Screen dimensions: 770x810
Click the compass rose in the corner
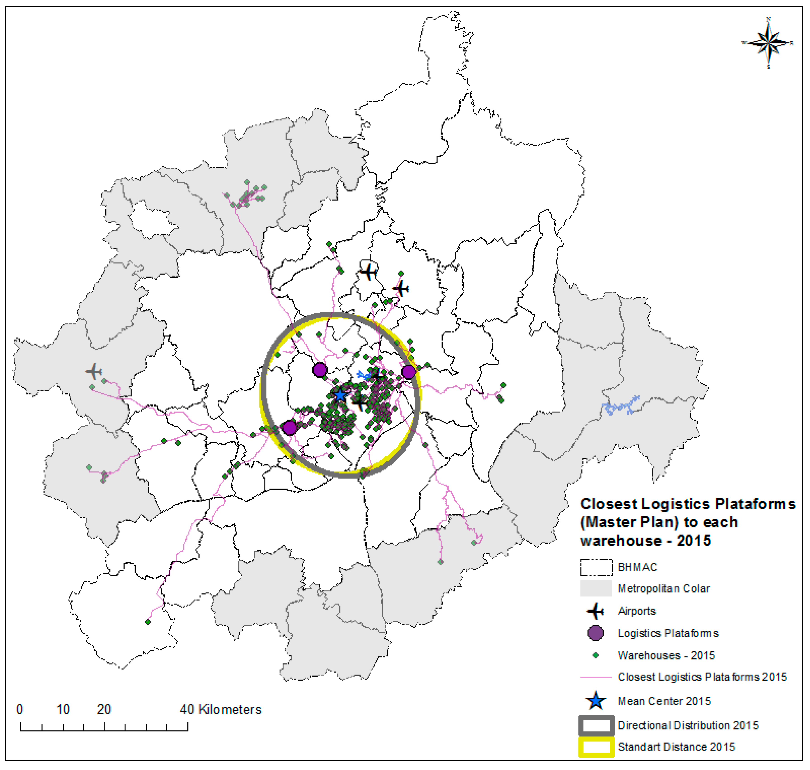click(768, 43)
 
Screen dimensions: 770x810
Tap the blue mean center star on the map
click(340, 395)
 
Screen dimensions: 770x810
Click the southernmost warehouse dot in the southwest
click(148, 622)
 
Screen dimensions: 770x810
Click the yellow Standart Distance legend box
click(596, 747)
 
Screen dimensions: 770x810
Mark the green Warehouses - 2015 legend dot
click(595, 655)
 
